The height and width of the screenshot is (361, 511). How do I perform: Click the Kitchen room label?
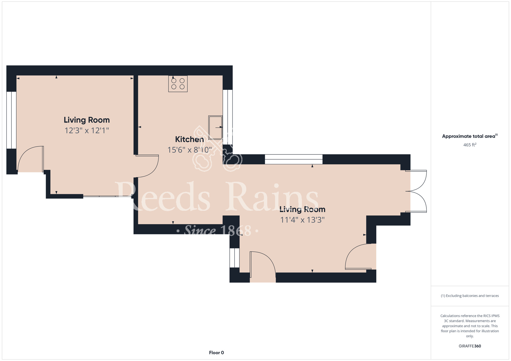point(189,139)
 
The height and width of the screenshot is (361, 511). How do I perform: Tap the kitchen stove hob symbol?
point(178,84)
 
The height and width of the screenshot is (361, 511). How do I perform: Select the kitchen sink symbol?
point(215,127)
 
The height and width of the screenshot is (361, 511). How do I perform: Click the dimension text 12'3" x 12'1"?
point(87,130)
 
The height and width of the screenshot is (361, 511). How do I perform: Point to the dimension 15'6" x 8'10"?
point(190,150)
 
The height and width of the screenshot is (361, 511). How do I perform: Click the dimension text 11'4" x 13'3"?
point(302,220)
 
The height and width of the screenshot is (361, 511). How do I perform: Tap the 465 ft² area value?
point(470,145)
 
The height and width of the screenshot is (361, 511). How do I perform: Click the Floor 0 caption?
point(216,353)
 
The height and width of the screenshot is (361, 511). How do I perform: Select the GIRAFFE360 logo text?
point(470,346)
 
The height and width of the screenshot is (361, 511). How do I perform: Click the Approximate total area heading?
point(470,136)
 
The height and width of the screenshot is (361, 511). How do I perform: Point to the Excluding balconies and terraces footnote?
point(470,296)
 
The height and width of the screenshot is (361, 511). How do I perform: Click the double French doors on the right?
point(416,191)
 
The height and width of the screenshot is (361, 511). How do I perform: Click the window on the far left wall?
point(11,120)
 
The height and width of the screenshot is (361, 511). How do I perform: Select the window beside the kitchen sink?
point(228,117)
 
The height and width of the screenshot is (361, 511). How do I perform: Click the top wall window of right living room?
point(294,159)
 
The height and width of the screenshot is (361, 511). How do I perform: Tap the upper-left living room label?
point(87,120)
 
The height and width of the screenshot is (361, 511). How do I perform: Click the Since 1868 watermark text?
point(218,231)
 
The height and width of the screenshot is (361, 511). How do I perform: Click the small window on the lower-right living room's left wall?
point(235,258)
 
